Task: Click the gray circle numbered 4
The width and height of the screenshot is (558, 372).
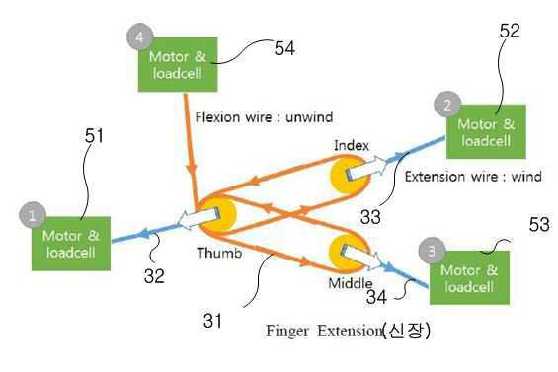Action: [x=140, y=37]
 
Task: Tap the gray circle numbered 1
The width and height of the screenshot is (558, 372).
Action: [x=33, y=215]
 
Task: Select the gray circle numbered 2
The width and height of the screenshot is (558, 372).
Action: [x=447, y=105]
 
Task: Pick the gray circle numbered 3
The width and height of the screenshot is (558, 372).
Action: [x=432, y=251]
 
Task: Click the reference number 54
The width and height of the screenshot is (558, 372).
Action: [x=284, y=48]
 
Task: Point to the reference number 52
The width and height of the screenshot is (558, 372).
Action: [x=510, y=31]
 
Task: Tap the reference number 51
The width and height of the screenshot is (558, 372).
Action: [x=94, y=136]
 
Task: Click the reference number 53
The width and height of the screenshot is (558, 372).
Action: [x=539, y=224]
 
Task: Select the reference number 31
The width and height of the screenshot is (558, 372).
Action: [x=212, y=321]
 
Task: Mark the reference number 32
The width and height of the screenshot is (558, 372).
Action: [x=154, y=276]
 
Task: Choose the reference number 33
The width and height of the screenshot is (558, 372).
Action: [x=370, y=216]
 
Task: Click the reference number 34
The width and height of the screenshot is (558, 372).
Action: [x=376, y=297]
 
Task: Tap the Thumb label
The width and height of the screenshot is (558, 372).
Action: [x=219, y=253]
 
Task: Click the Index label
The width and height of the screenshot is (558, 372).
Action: [x=352, y=145]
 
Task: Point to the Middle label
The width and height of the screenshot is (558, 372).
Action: [x=351, y=283]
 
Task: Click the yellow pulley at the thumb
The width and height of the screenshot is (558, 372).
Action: [x=218, y=214]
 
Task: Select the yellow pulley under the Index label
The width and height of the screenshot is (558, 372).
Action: [x=349, y=176]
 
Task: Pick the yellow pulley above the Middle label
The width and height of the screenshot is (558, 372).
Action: [x=349, y=253]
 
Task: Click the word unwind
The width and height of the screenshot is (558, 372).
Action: [x=309, y=117]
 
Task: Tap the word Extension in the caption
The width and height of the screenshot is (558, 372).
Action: [x=350, y=331]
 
